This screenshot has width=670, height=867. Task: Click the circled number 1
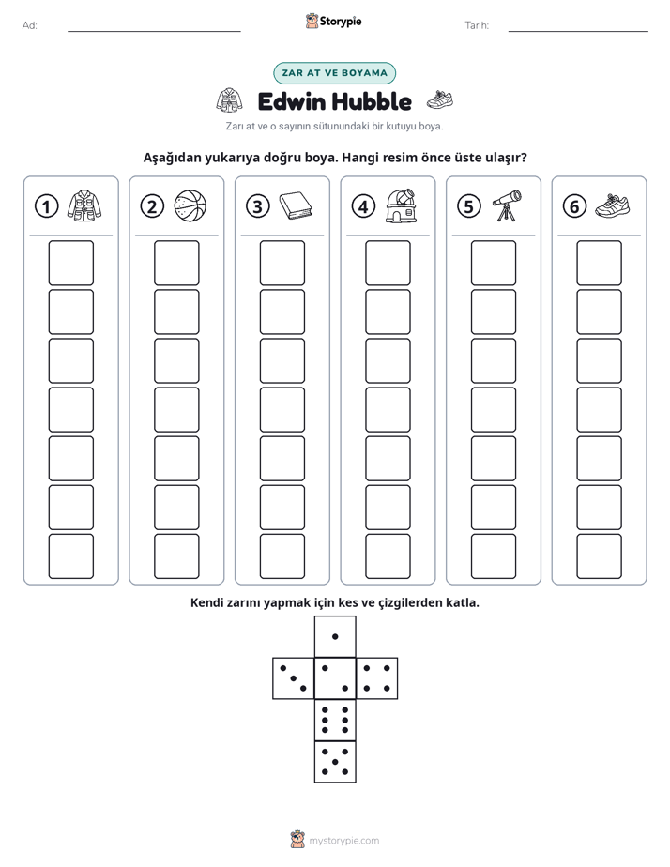[x=46, y=206]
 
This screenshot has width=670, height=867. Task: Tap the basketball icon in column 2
[x=190, y=206]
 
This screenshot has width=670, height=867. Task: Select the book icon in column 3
[x=296, y=206]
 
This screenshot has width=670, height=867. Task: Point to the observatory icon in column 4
[x=402, y=205]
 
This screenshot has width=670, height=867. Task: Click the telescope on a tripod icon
[x=507, y=205]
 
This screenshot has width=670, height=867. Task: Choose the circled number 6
[x=574, y=206]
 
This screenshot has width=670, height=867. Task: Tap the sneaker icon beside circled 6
[x=613, y=205]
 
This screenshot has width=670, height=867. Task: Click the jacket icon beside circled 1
[x=84, y=205]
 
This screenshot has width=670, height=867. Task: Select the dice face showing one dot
[x=335, y=636]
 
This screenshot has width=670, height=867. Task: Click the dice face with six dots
[x=335, y=720]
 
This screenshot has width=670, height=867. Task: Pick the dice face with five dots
[x=335, y=762]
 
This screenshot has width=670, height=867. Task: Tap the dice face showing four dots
[x=377, y=678]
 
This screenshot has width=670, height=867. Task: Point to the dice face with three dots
[x=293, y=678]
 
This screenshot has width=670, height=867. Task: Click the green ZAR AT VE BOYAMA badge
[x=334, y=73]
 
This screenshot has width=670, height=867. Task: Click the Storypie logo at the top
[x=333, y=22]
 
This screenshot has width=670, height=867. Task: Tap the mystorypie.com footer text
[x=343, y=841]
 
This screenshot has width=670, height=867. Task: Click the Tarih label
[x=477, y=25]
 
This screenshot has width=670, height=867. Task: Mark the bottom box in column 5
[x=494, y=556]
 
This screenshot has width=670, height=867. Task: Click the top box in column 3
[x=282, y=263]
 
